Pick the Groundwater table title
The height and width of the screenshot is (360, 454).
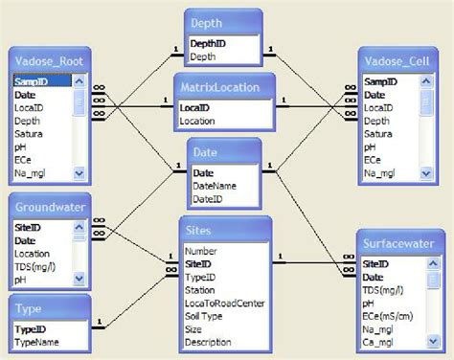(x=49, y=207)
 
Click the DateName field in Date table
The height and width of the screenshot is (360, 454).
(x=214, y=186)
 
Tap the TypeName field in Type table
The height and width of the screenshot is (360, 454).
(x=39, y=340)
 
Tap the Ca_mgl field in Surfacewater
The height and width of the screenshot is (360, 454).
(x=381, y=340)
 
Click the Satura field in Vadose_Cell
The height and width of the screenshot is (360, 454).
(x=378, y=135)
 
